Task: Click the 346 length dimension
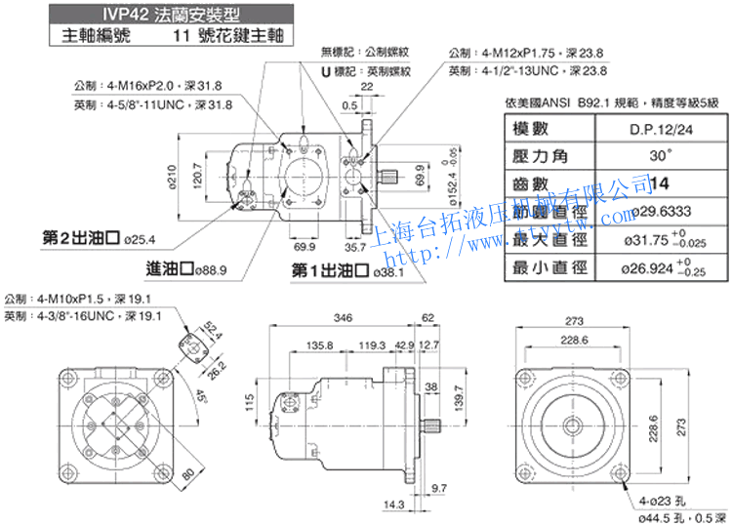342,318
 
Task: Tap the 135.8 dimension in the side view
319,345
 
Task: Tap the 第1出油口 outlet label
333,271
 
